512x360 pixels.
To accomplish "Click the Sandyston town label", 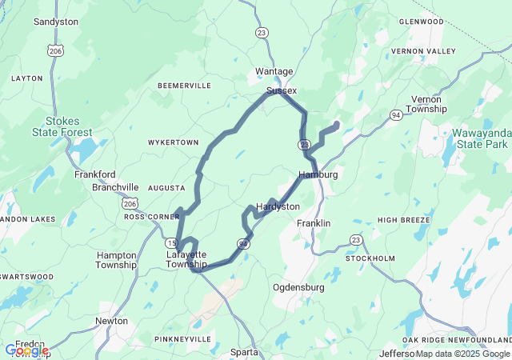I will tap(55, 22).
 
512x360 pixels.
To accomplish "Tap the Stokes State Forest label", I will tap(62, 126).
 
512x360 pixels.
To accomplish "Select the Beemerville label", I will tap(184, 85).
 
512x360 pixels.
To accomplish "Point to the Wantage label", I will tap(274, 71).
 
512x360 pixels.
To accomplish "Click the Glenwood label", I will tap(420, 22).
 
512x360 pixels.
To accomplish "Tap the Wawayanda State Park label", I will tap(479, 138).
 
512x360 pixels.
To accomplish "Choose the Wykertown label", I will tap(173, 142).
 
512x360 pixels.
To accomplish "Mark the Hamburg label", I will tap(318, 174).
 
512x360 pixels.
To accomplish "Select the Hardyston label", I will tap(278, 206).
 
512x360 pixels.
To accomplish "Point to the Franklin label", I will tap(314, 223).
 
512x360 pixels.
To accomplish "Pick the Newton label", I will tap(111, 321).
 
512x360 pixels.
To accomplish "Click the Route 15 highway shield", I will tap(170, 242).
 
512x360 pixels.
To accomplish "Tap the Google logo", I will tap(26, 350).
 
